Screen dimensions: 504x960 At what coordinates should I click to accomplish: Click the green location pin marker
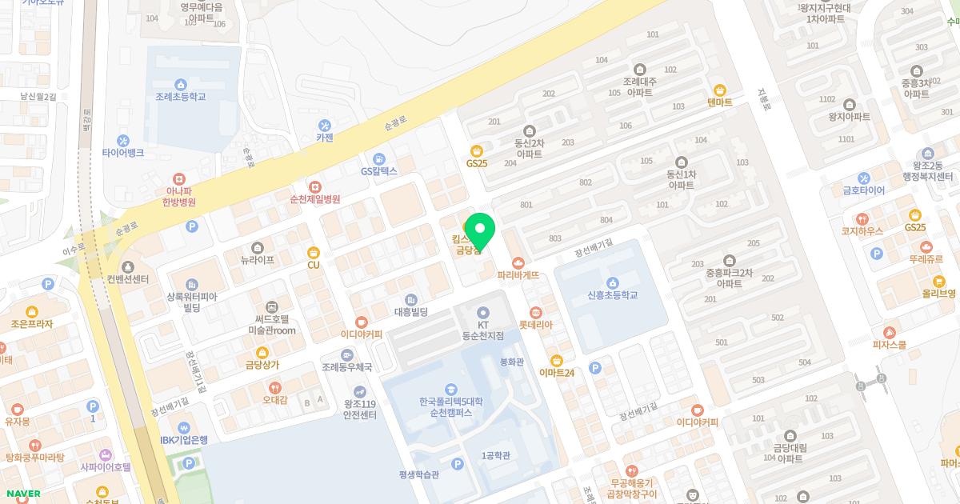(480, 230)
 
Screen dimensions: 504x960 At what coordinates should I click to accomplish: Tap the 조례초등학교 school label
(181, 96)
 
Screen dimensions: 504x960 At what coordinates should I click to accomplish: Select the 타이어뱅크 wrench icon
(122, 141)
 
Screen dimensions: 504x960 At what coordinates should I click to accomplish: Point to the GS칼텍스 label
(379, 171)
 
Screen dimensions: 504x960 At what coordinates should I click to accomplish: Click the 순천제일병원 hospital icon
(315, 186)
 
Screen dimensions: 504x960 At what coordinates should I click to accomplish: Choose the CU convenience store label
(314, 265)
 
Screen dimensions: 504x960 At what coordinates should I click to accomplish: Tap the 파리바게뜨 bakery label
(518, 275)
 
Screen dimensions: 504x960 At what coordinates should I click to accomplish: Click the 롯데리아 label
(536, 325)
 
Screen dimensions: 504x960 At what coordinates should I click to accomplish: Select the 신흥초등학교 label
(612, 295)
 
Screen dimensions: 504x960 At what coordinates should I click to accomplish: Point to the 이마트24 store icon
(557, 360)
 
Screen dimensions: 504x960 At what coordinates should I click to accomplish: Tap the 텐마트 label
(720, 102)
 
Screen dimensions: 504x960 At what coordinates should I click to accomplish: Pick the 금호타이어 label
(864, 190)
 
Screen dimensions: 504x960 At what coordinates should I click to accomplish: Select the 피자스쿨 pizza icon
(890, 333)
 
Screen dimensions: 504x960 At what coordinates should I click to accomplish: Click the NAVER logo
(22, 494)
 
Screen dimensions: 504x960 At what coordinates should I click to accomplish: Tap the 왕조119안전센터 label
(360, 410)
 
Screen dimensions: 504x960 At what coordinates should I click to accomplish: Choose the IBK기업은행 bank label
(184, 440)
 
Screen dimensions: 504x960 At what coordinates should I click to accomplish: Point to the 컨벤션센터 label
(127, 279)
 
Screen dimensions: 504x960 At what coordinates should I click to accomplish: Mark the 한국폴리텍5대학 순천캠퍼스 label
(450, 407)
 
